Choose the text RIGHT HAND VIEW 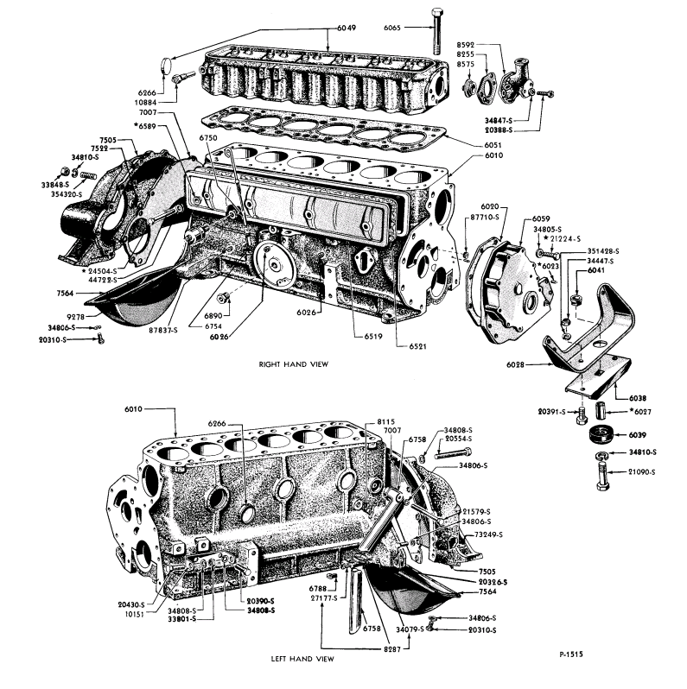coord(293,364)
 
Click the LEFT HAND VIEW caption coord(302,659)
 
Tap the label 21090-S coord(640,473)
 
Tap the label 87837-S coord(162,329)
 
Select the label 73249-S coord(487,534)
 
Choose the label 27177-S coord(323,597)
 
